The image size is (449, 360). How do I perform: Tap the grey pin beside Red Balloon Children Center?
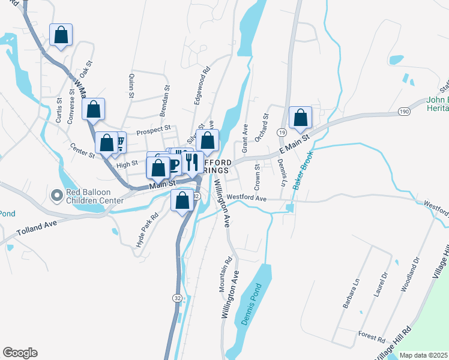click(x=57, y=196)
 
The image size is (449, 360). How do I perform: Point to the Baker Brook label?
click(x=304, y=175)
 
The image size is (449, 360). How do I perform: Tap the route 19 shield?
click(x=282, y=132)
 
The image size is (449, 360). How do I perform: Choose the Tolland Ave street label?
click(x=37, y=226)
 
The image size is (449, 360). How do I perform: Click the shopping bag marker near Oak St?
click(x=93, y=110)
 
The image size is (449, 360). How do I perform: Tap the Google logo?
click(x=20, y=352)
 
